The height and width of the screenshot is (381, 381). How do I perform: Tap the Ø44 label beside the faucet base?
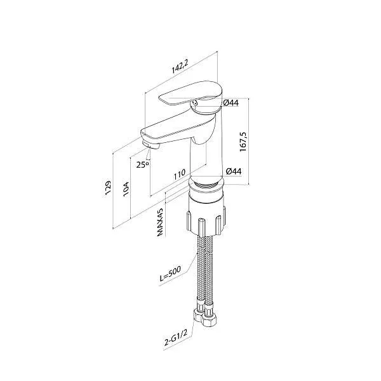pos(232,171)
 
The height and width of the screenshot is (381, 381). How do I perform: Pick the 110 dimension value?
pos(178,173)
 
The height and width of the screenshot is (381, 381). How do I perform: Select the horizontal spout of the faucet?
pos(168,133)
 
